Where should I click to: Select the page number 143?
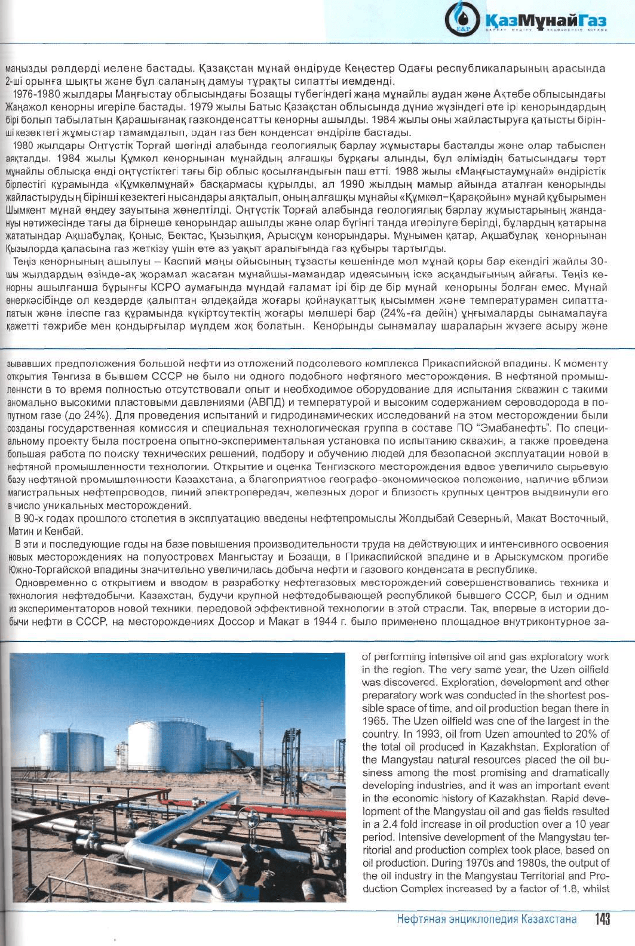click(602, 920)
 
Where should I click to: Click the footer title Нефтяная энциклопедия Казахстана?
click(487, 919)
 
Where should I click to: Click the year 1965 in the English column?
click(375, 721)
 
